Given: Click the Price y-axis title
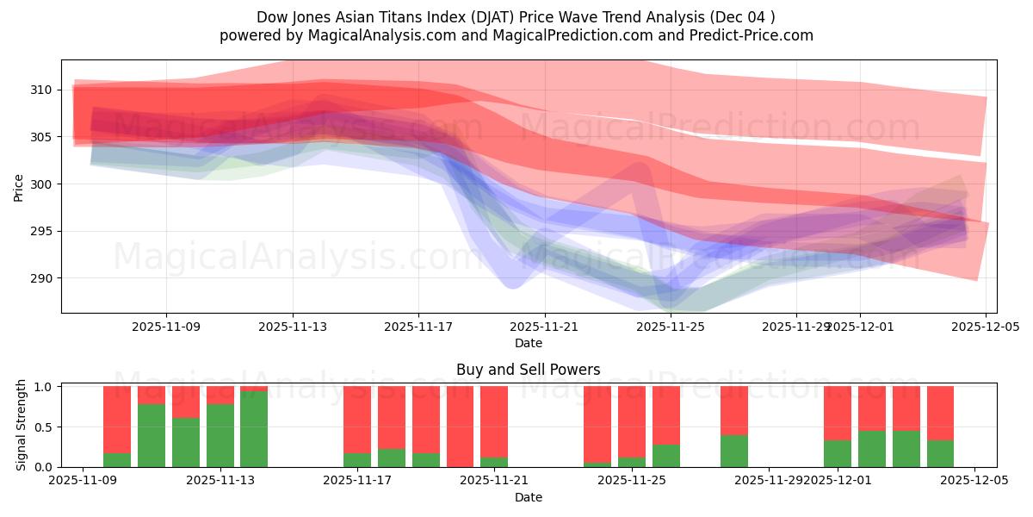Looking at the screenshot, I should coord(19,186).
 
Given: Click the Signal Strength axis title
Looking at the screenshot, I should coord(22,427).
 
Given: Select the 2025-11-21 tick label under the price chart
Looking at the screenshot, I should coord(545,327).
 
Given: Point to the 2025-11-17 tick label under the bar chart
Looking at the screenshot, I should coord(358,481).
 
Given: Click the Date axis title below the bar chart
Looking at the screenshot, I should coord(528,497).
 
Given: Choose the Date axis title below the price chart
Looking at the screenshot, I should coord(528,343).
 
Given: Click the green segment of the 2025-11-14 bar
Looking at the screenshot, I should coord(254,429).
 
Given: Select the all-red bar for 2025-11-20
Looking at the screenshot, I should coord(460,427).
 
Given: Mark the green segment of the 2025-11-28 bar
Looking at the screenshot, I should coord(734,451).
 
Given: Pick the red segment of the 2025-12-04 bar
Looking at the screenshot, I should coord(940,413).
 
